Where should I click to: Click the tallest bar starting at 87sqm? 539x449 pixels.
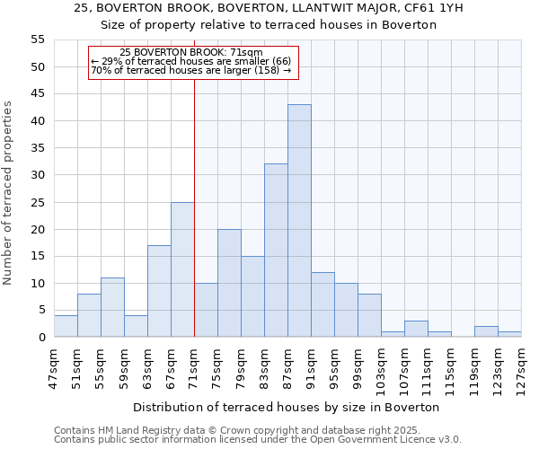pos(299,221)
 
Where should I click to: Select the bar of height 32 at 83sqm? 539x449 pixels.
pos(276,251)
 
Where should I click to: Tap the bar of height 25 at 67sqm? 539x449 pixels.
pos(182,269)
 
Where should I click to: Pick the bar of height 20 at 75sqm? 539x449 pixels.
pos(229,283)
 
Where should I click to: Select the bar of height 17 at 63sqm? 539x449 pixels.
pos(159,291)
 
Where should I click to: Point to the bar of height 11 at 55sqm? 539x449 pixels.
pos(112,307)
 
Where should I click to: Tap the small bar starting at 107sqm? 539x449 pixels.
pos(416,329)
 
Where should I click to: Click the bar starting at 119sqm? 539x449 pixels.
pos(486,331)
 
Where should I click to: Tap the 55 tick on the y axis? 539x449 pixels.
pos(38,40)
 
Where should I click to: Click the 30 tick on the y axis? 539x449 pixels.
pos(38,175)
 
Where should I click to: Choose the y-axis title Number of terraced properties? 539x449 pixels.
pos(8,193)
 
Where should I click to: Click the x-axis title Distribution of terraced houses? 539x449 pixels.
pos(292,407)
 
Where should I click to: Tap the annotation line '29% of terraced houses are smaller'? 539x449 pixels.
pos(190,61)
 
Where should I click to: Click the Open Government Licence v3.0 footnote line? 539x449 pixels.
pos(258,439)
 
